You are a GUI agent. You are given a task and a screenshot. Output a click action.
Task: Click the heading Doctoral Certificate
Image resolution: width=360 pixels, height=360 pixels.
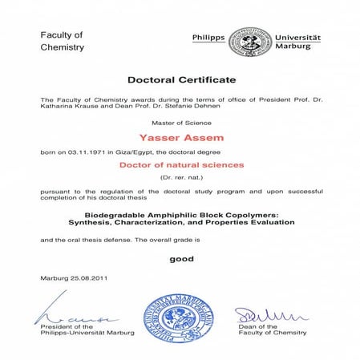(x=181, y=80)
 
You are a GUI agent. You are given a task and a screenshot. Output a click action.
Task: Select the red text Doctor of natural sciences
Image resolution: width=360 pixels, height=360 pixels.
(x=181, y=164)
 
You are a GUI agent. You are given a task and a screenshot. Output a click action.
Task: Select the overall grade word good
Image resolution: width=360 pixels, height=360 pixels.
(x=181, y=259)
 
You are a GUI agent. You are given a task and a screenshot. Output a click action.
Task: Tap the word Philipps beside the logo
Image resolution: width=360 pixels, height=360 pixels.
(x=208, y=37)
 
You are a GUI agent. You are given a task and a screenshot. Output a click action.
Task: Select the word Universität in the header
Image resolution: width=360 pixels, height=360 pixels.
(x=297, y=37)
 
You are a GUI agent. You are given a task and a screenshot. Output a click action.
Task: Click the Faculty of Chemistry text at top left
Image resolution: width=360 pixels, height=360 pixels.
(x=62, y=41)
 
